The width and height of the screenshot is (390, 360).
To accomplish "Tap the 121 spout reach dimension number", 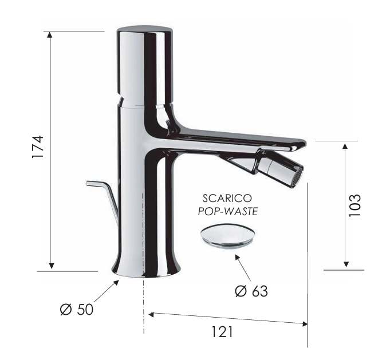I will click(x=223, y=331).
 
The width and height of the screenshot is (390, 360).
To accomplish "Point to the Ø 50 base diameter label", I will click(x=76, y=310).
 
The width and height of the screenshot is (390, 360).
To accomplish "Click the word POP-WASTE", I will click(x=228, y=211).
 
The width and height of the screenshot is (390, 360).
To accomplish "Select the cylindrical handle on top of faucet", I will click(x=144, y=63).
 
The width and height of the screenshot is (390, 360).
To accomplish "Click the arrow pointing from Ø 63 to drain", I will click(x=241, y=264).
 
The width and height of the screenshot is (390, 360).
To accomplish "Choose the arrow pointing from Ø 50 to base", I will click(x=109, y=290).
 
